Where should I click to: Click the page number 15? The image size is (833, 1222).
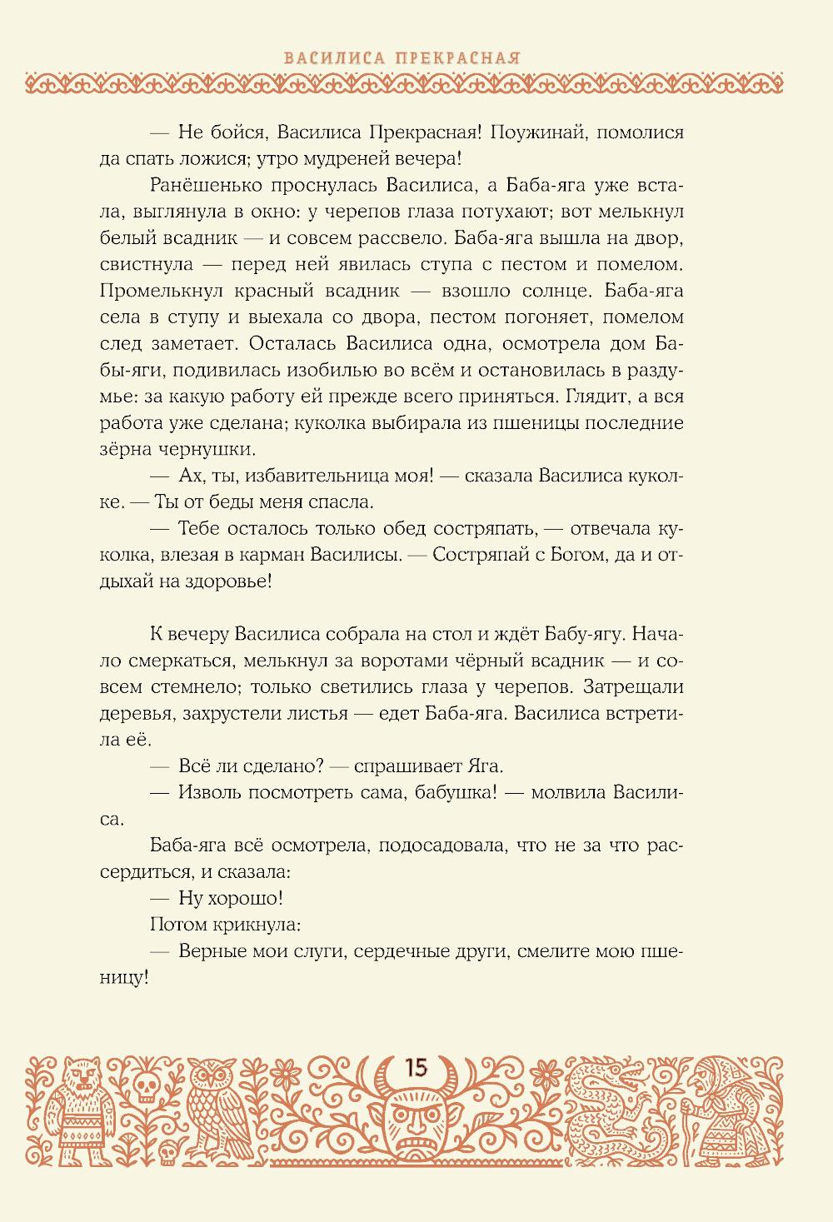[415, 1067]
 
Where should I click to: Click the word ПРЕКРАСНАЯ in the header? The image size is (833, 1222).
[458, 58]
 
